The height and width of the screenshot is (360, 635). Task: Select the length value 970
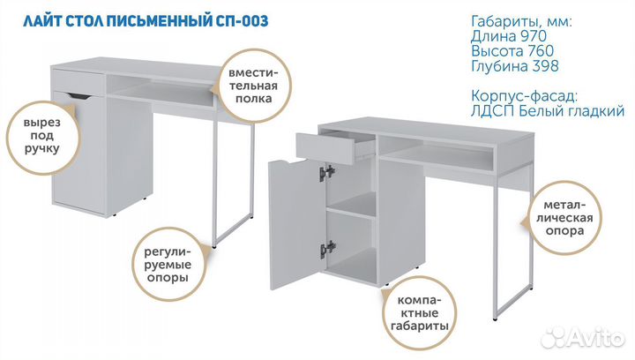point(534,36)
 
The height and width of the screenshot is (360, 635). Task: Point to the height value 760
point(541,51)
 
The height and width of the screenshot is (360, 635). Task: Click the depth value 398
point(546,65)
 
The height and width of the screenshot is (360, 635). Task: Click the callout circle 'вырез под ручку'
point(41,137)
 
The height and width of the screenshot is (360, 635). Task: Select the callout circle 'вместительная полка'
point(254,86)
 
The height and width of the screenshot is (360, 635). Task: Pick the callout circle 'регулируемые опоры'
point(168,264)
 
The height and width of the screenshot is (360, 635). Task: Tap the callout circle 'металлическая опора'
point(564,217)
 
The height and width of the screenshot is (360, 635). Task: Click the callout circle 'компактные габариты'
point(419,313)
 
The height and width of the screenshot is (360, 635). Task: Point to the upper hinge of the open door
point(327,173)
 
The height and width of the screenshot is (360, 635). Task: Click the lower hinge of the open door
point(328,248)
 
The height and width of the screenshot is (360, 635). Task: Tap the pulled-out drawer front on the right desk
point(325,149)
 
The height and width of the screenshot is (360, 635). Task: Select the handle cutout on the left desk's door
point(79,96)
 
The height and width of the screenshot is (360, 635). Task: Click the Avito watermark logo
point(583,337)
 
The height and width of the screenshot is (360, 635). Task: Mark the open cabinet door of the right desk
point(298,224)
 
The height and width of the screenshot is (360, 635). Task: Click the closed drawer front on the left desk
point(78,82)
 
